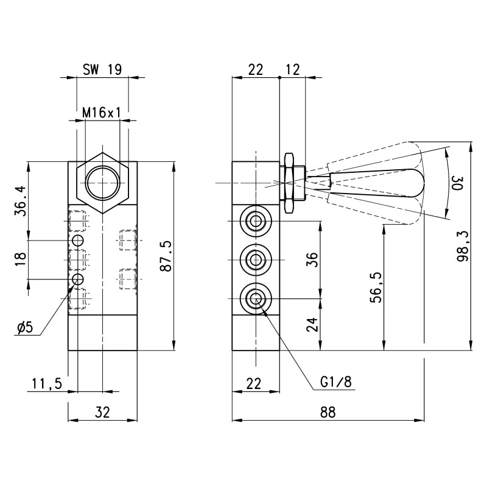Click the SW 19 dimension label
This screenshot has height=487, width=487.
click(102, 69)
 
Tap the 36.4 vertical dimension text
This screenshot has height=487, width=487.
click(21, 201)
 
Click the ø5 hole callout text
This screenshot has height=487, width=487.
click(26, 328)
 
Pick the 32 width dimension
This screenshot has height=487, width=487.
click(102, 412)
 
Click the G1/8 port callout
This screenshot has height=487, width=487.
click(335, 382)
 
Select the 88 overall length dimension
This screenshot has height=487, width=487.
click(328, 412)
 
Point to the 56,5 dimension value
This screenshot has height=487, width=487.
click(376, 286)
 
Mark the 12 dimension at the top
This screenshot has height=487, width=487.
click(292, 69)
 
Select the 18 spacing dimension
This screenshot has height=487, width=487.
click(21, 259)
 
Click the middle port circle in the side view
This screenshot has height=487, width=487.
click(256, 259)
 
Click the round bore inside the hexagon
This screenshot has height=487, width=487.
click(102, 183)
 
